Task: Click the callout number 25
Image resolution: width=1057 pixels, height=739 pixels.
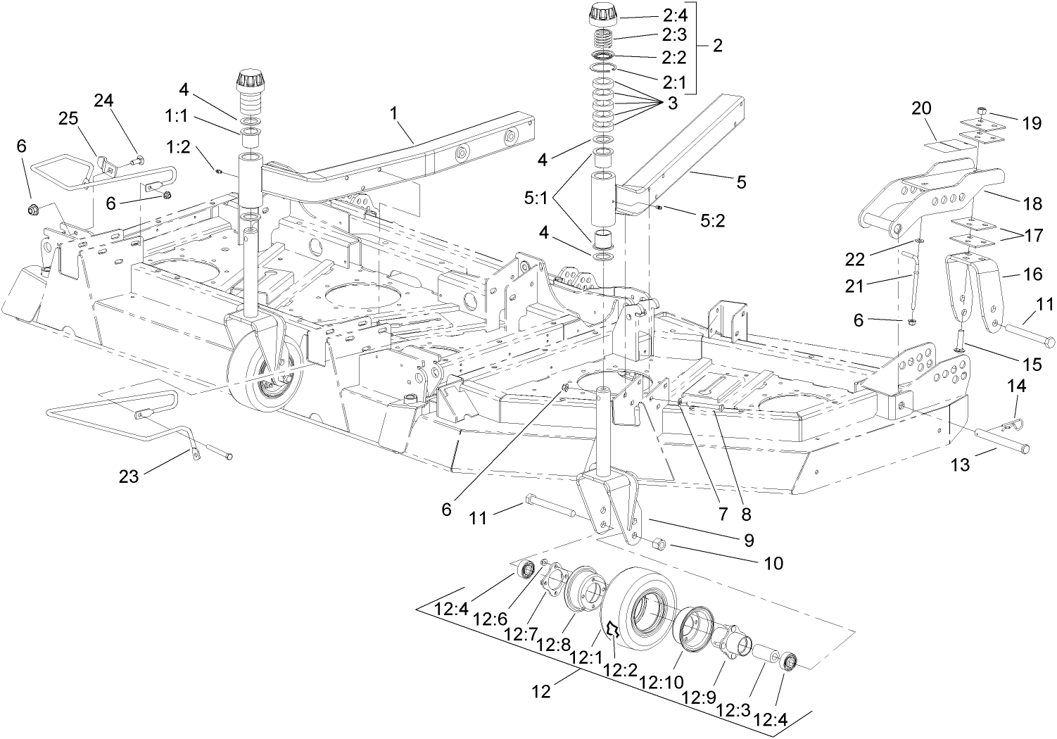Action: coord(68,119)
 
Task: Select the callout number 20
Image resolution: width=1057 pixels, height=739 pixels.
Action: coord(921,108)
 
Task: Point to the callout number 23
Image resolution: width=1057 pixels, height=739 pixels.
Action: coord(128,476)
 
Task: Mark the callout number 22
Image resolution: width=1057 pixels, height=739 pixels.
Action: coord(855,260)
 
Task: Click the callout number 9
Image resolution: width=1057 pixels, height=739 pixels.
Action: coord(747,540)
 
